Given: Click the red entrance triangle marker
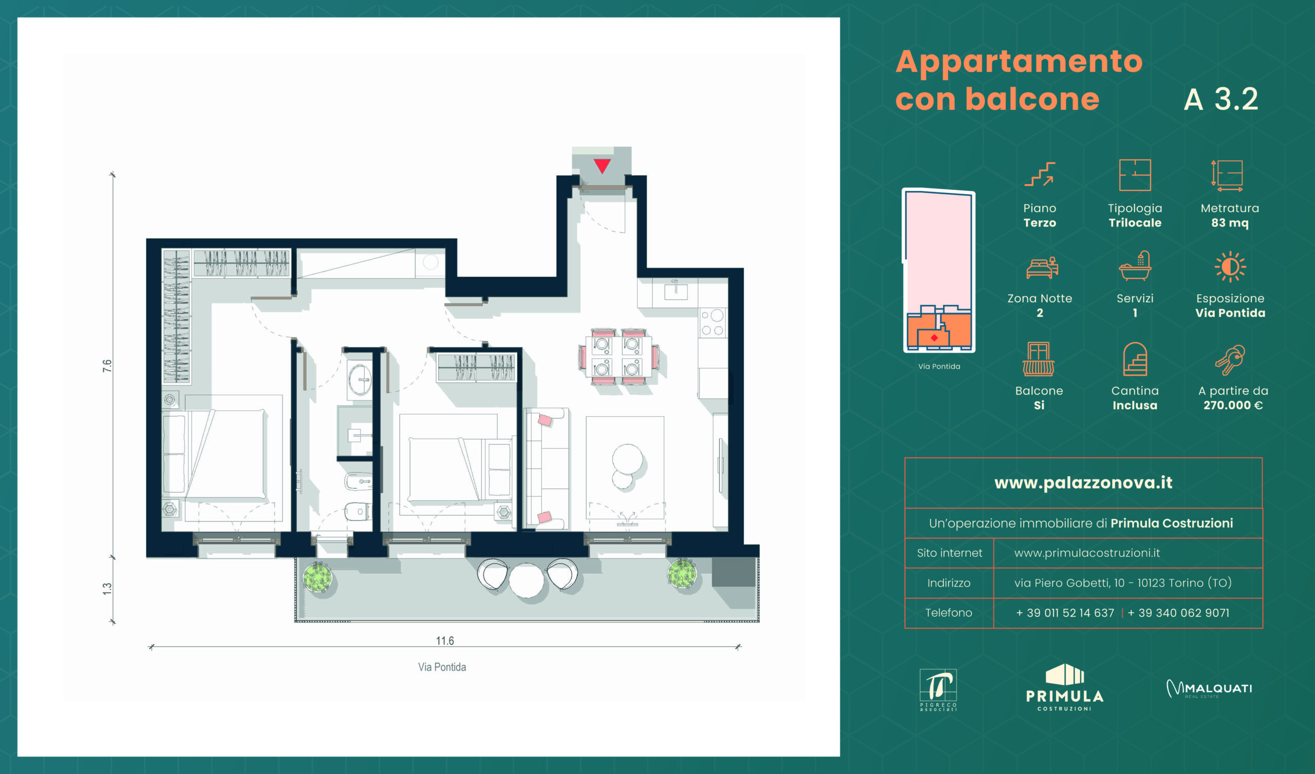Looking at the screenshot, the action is (x=602, y=166).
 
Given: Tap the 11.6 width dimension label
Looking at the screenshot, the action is (x=445, y=641).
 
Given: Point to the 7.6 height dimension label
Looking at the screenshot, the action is (x=107, y=365).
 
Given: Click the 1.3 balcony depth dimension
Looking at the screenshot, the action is (x=107, y=589).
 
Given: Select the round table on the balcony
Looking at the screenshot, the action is (x=527, y=580).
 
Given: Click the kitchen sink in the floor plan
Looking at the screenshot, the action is (x=676, y=291).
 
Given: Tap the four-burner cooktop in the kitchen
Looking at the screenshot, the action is (x=713, y=322).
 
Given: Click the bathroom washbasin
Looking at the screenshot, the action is (x=360, y=380).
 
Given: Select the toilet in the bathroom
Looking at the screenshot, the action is (x=358, y=511).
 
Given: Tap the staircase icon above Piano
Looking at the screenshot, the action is (x=1040, y=174).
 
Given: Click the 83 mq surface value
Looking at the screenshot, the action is (x=1230, y=223).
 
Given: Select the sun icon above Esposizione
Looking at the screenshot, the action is (x=1230, y=267).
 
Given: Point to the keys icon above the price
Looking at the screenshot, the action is (x=1230, y=360).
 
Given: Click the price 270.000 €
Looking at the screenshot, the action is (x=1233, y=405).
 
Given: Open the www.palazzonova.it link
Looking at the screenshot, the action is (x=1083, y=483).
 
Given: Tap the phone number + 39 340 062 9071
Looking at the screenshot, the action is (x=1178, y=613).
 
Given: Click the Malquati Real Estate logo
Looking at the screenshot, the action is (x=1209, y=688).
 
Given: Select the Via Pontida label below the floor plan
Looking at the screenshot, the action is (x=442, y=667).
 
